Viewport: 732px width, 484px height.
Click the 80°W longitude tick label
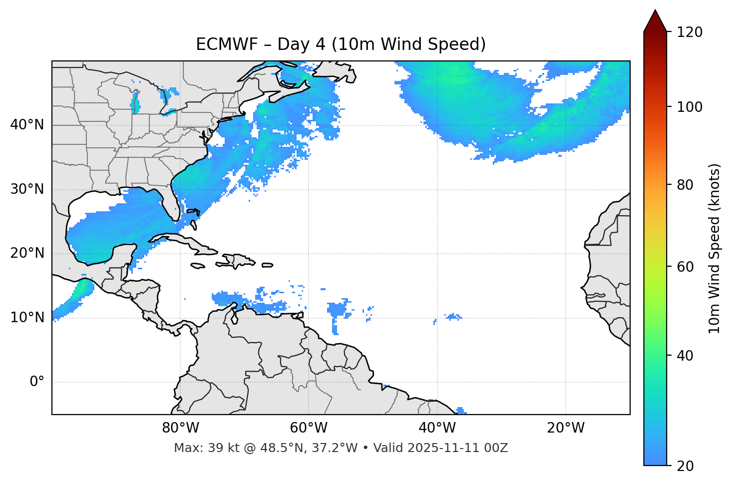coord(180,428)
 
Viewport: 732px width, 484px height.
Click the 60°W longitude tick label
coord(308,428)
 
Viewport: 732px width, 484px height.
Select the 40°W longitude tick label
coord(437,428)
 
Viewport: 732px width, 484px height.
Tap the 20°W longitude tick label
coord(565,428)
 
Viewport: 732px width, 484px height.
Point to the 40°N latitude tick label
coord(27,125)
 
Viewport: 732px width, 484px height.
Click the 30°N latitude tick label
coord(27,189)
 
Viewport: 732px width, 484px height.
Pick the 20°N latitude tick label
coord(27,253)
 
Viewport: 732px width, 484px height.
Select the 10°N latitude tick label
coord(27,318)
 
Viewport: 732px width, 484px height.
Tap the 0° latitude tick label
coord(37,382)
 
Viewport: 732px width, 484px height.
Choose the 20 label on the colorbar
coord(685,466)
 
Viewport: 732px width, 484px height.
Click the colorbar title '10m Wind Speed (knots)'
coord(715,248)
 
